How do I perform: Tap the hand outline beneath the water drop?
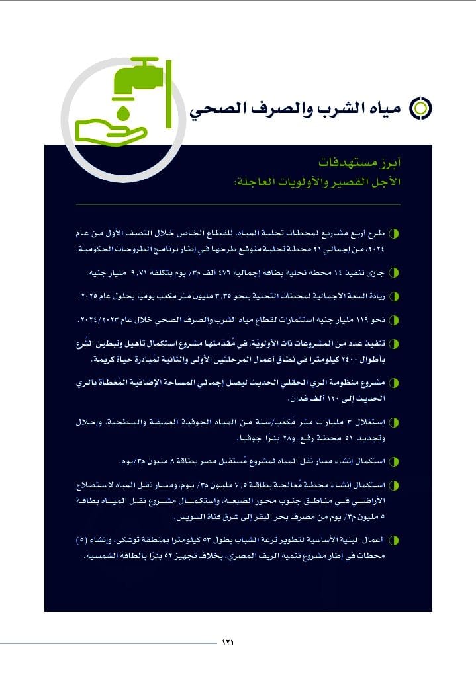point(111,132)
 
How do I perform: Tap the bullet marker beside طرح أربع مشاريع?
point(395,234)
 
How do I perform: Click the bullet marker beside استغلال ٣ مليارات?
point(395,422)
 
